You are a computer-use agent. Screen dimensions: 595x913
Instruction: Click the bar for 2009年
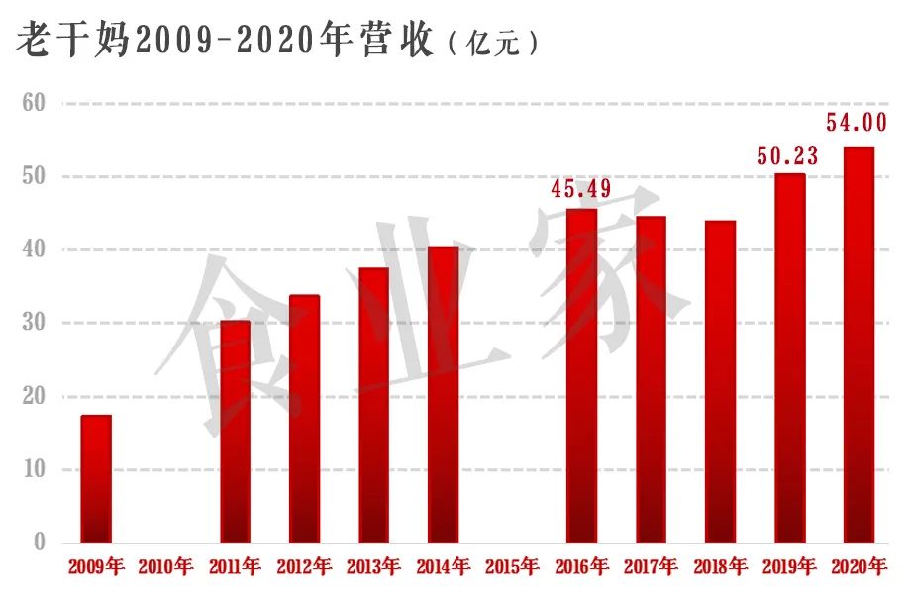tap(96, 478)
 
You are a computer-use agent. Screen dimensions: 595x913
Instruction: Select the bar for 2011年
tap(235, 432)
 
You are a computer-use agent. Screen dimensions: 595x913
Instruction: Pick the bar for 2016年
tap(581, 375)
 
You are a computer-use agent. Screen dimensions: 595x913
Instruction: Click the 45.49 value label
tap(581, 189)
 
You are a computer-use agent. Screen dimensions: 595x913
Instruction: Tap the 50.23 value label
tap(788, 155)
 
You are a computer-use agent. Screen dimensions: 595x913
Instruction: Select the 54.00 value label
tap(858, 124)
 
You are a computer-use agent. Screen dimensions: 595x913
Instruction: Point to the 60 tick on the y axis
tap(34, 103)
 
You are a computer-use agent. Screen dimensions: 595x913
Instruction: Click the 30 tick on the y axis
tap(34, 323)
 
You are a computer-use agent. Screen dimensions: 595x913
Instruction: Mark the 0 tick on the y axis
tap(40, 543)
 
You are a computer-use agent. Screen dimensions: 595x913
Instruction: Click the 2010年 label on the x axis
tap(165, 568)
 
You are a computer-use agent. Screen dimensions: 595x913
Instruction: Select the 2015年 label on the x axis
tap(512, 568)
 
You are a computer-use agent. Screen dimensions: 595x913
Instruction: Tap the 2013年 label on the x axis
tap(373, 568)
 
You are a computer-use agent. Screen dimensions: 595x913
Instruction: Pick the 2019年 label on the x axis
tap(789, 568)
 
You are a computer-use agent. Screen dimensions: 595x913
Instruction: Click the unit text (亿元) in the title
tap(493, 43)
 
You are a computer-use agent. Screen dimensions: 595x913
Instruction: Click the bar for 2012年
tap(304, 419)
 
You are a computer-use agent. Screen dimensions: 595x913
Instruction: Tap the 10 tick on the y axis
tap(34, 469)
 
